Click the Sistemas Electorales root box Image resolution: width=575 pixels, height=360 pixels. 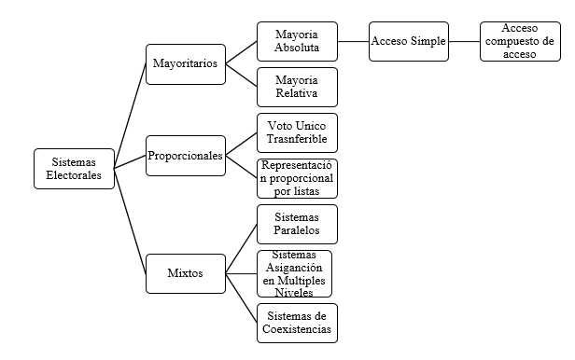[x=73, y=168]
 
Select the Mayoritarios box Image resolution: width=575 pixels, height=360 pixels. [x=185, y=64]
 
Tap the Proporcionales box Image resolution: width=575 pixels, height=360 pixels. [x=185, y=156]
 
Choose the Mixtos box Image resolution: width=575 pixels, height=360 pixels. [x=185, y=273]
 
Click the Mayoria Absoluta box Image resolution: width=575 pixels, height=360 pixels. [x=297, y=42]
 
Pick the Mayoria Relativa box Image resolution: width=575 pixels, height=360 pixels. [x=297, y=87]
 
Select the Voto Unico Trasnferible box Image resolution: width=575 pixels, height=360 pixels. [x=297, y=132]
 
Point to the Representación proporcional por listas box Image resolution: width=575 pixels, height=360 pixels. [x=297, y=178]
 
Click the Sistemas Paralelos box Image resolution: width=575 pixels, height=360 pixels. [x=297, y=224]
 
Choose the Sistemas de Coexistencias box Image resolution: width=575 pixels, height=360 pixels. [x=297, y=322]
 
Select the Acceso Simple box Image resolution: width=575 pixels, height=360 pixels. [x=409, y=42]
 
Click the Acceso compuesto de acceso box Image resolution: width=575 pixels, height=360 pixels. [x=521, y=42]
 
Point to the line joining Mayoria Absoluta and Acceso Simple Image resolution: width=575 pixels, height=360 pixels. [x=353, y=42]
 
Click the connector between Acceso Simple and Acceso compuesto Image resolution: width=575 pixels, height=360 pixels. [x=465, y=42]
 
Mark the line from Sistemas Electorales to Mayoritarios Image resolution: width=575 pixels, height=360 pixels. [x=130, y=118]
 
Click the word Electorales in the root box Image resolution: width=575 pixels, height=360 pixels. [x=73, y=175]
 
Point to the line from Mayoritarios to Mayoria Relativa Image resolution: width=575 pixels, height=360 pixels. [x=241, y=76]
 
